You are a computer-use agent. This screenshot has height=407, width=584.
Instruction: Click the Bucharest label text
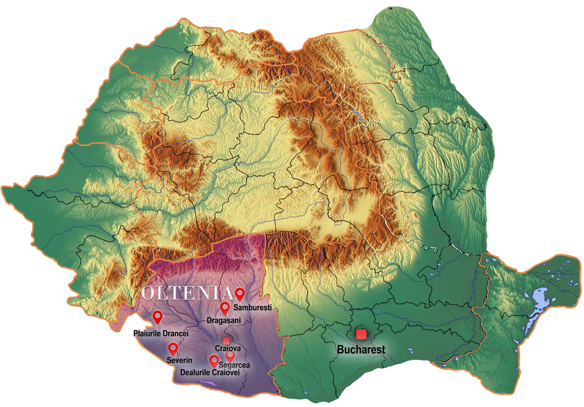[x=361, y=350]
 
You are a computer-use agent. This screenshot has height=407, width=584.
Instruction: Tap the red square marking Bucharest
[x=361, y=334]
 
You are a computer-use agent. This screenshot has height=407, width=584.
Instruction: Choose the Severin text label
[x=179, y=360]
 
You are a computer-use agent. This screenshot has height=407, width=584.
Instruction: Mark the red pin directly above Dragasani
[x=225, y=307]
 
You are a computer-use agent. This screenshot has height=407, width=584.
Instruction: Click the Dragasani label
[x=224, y=320]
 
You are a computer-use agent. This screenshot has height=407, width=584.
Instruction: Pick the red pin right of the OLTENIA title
[x=240, y=293]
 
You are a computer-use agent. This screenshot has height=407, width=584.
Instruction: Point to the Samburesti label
[x=253, y=307]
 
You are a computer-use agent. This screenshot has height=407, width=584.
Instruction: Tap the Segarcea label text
[x=234, y=365]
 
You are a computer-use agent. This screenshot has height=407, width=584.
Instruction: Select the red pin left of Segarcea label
[x=214, y=360]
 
